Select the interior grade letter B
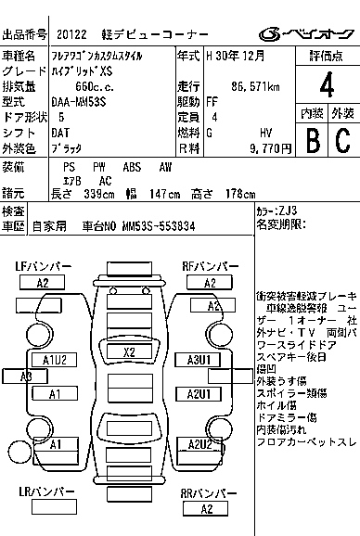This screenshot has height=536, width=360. pyautogui.click(x=312, y=139)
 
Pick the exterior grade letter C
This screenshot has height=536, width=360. pyautogui.click(x=341, y=139)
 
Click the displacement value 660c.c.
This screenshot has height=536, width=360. pyautogui.click(x=94, y=85)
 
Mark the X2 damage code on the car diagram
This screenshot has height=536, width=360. pyautogui.click(x=129, y=351)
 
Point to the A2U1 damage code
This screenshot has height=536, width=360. pyautogui.click(x=200, y=394)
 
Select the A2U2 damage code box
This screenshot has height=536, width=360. pyautogui.click(x=200, y=444)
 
